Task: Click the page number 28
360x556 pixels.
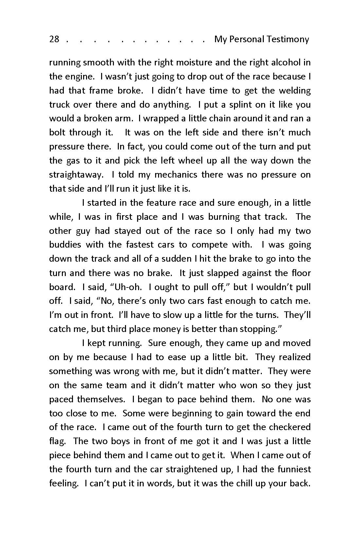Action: [54, 39]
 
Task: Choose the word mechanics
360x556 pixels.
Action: [176, 175]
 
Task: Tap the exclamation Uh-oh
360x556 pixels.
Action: [127, 287]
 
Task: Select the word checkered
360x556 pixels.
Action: [289, 427]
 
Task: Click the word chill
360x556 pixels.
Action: [243, 483]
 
